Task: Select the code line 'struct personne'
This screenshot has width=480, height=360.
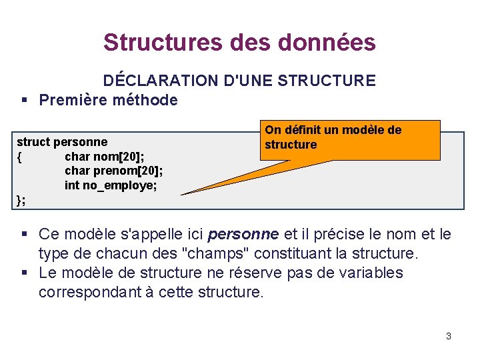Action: [x=62, y=142]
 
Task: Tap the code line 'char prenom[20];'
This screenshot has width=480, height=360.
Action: [x=113, y=171]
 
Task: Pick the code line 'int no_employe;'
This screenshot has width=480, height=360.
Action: [x=111, y=185]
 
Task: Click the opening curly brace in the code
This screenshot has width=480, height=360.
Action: [x=20, y=157]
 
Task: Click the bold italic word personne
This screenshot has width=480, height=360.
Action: [x=243, y=235]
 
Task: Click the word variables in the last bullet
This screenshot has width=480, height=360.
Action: [x=361, y=273]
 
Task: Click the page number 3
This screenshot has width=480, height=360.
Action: [x=449, y=336]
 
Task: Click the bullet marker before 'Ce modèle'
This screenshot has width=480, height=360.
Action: [x=23, y=234]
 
